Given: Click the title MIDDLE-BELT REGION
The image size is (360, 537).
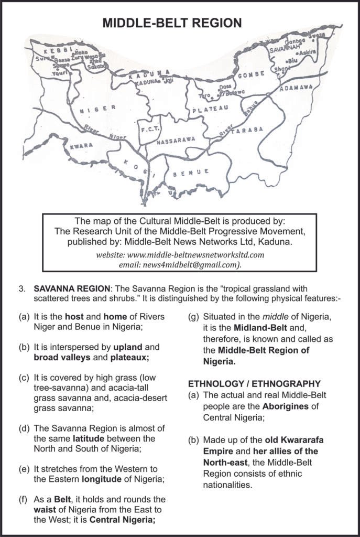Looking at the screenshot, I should [180, 23].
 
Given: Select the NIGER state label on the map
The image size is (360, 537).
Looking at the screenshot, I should [98, 108].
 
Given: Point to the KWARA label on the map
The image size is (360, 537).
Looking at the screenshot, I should [81, 145].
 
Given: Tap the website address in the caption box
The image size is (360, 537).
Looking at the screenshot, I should [180, 254].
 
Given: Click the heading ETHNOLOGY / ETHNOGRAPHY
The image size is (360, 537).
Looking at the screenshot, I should [255, 383].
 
